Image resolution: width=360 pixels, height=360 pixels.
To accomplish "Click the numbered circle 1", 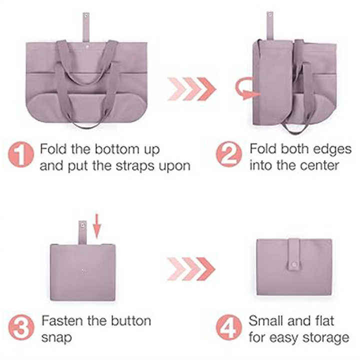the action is tap(21, 154).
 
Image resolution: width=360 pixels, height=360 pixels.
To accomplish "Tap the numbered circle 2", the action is tap(229, 154).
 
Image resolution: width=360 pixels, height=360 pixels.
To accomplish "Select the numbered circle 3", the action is tap(21, 327).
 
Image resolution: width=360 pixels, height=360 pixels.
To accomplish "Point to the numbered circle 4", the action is tap(229, 327).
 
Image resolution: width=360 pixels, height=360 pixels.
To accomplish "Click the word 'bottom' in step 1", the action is tap(117, 149).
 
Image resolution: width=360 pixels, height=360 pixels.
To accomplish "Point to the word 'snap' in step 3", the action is tap(56, 338).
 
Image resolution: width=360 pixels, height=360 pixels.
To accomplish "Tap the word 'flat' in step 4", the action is tap(322, 320).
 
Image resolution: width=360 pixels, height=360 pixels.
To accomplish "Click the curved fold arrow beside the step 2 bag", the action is tap(246, 89).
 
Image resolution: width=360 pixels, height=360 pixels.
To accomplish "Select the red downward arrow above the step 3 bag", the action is tap(97, 226).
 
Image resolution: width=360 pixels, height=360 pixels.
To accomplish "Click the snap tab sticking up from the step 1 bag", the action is tap(86, 28).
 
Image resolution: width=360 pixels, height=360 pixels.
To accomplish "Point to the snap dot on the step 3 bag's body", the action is tap(82, 270).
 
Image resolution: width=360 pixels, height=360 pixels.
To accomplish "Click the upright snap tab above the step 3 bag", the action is tap(82, 233).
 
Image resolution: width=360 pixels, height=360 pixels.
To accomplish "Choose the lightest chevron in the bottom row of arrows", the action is tap(176, 269).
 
